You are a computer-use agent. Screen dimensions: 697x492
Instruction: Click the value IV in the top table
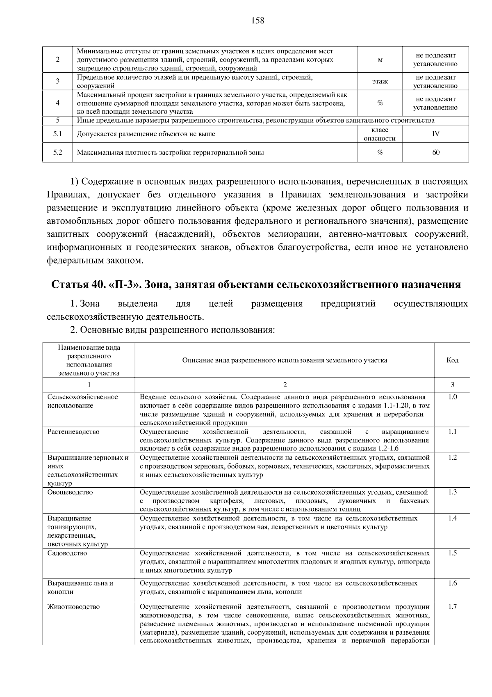435,134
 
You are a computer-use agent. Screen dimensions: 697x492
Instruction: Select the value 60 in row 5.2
435,152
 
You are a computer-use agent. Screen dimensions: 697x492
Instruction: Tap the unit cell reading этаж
380,81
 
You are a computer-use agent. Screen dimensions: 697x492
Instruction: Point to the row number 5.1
57,134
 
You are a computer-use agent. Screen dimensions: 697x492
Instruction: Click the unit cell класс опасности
380,134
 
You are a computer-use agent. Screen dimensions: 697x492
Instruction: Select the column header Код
452,360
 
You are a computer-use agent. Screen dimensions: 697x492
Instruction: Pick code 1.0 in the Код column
452,397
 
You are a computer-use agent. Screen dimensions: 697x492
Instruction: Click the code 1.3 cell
452,492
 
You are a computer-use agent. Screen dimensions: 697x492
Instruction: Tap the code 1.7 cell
452,607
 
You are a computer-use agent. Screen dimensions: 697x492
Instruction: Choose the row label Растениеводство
73,431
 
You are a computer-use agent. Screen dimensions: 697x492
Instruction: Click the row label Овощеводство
70,492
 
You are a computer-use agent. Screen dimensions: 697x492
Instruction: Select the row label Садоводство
67,553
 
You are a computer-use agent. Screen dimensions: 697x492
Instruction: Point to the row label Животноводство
73,607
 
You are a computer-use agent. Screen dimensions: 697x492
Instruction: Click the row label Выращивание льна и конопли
80,587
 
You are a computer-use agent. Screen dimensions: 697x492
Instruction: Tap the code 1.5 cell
452,553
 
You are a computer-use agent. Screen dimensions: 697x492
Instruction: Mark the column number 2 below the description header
285,385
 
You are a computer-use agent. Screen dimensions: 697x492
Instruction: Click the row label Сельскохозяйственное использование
82,401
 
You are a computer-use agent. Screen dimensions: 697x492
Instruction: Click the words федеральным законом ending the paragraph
96,260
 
